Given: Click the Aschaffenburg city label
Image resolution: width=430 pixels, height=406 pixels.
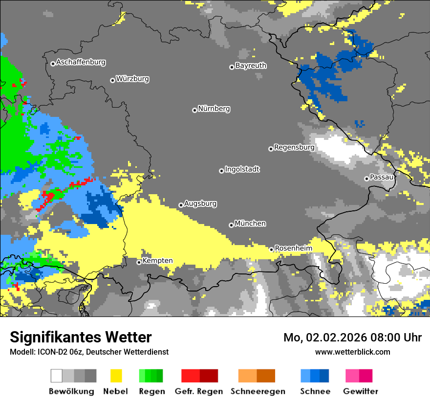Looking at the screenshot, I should click(81, 62).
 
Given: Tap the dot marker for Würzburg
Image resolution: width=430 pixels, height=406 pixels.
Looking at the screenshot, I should click(112, 80).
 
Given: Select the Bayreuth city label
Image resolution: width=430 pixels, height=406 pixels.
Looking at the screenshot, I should click(251, 66).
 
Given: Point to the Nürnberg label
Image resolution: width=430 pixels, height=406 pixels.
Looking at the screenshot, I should click(214, 109).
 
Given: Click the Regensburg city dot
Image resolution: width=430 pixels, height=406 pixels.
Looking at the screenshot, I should click(271, 149).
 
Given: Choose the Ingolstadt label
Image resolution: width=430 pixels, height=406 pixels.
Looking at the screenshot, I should click(242, 169).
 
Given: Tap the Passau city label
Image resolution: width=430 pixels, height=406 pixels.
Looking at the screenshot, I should click(382, 177).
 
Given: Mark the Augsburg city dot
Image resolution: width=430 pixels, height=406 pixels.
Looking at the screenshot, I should click(181, 205).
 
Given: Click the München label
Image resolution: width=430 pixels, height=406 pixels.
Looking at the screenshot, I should click(250, 224).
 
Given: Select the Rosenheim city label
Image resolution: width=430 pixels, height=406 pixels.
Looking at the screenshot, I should click(293, 248).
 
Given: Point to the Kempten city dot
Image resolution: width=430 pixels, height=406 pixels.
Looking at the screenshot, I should click(139, 262).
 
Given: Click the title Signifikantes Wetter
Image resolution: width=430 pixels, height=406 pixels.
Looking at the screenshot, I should click(81, 338).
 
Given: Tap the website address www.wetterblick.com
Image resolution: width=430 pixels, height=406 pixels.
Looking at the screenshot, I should click(352, 352).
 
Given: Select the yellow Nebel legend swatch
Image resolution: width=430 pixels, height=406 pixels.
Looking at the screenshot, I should click(116, 376).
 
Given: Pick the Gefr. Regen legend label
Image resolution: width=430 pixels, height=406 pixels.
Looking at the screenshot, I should click(199, 391).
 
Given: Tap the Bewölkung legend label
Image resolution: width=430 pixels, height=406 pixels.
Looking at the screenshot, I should click(71, 391).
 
